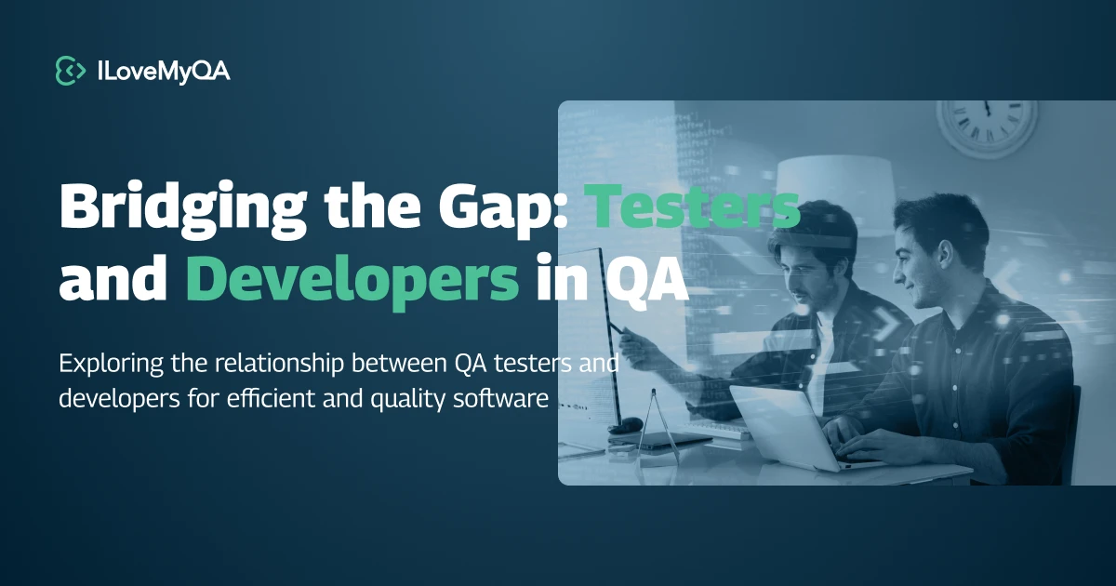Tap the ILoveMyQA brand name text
click(163, 71)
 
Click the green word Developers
click(352, 279)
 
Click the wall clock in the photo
click(986, 126)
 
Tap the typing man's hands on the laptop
click(851, 437)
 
